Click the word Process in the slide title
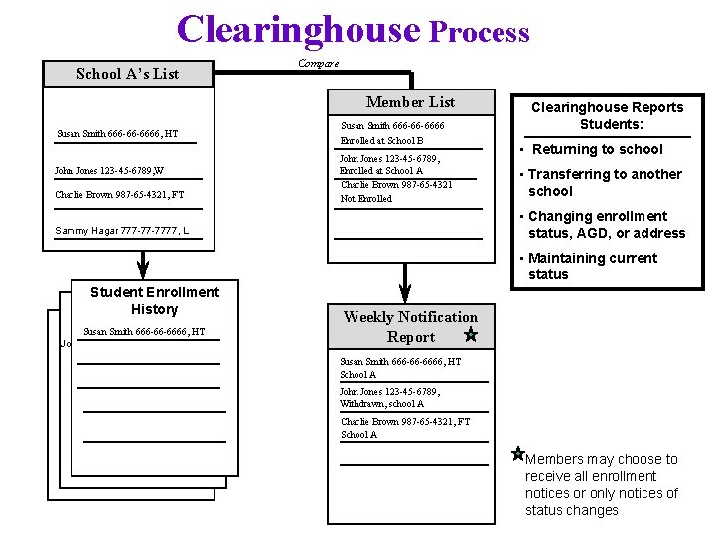[x=479, y=33]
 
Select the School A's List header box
[x=128, y=74]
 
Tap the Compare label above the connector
[x=318, y=63]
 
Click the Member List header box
[x=410, y=102]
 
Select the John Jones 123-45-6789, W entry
[x=109, y=171]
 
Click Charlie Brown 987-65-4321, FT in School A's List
[x=119, y=195]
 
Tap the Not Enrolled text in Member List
[x=366, y=199]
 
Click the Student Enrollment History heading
[x=155, y=300]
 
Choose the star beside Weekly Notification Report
[x=471, y=336]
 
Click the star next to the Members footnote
[x=517, y=454]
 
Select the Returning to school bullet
[x=597, y=149]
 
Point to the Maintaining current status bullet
[x=592, y=266]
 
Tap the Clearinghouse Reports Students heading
[x=607, y=115]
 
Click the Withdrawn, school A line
[x=381, y=404]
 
